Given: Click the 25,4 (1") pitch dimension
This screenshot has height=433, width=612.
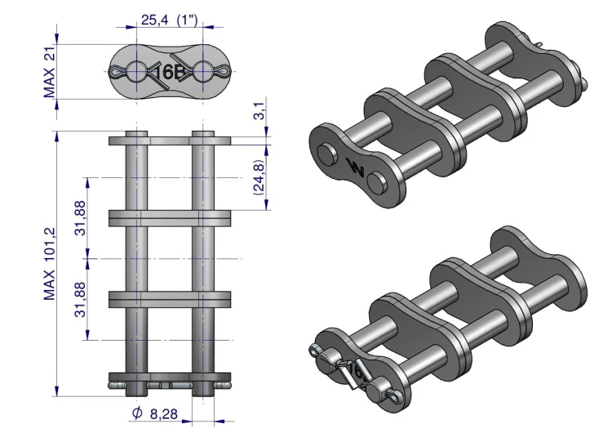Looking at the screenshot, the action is click(x=170, y=20).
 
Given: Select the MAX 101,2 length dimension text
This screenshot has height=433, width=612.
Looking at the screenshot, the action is click(x=50, y=264).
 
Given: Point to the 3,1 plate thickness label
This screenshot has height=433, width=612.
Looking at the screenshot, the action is click(x=260, y=109).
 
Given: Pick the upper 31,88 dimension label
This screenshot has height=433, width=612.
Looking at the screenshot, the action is click(x=80, y=217).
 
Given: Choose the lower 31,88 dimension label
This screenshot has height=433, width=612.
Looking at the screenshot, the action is click(x=80, y=299).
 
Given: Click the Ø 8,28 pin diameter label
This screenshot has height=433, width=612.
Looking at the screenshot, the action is click(x=155, y=413).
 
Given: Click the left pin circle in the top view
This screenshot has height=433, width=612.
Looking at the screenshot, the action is click(x=136, y=72).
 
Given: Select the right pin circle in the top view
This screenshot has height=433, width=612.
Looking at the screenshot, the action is click(x=202, y=72).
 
